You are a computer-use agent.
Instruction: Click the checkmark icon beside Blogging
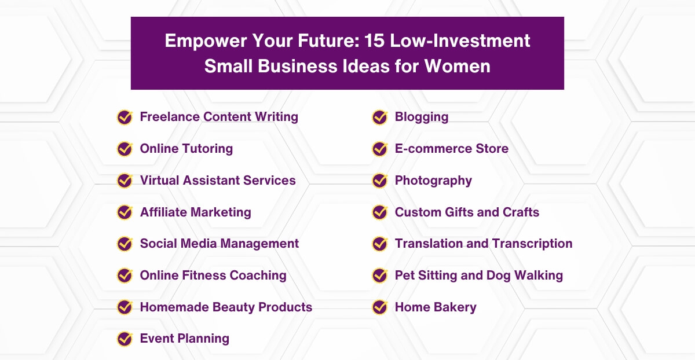click(x=379, y=117)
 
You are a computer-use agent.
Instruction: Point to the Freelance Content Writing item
click(x=219, y=117)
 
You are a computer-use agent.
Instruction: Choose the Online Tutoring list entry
click(x=186, y=149)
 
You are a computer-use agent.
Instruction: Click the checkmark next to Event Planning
click(x=125, y=339)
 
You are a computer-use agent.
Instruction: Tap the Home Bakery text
click(x=436, y=307)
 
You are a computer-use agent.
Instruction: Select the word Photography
click(x=433, y=181)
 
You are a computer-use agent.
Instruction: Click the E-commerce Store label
click(x=451, y=149)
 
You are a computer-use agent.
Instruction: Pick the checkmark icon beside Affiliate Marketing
click(x=125, y=212)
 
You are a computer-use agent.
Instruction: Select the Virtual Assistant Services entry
click(x=218, y=181)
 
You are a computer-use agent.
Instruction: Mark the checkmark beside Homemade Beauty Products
click(x=125, y=307)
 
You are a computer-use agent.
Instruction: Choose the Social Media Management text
click(x=220, y=244)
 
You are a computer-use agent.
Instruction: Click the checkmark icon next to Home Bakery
click(x=379, y=307)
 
